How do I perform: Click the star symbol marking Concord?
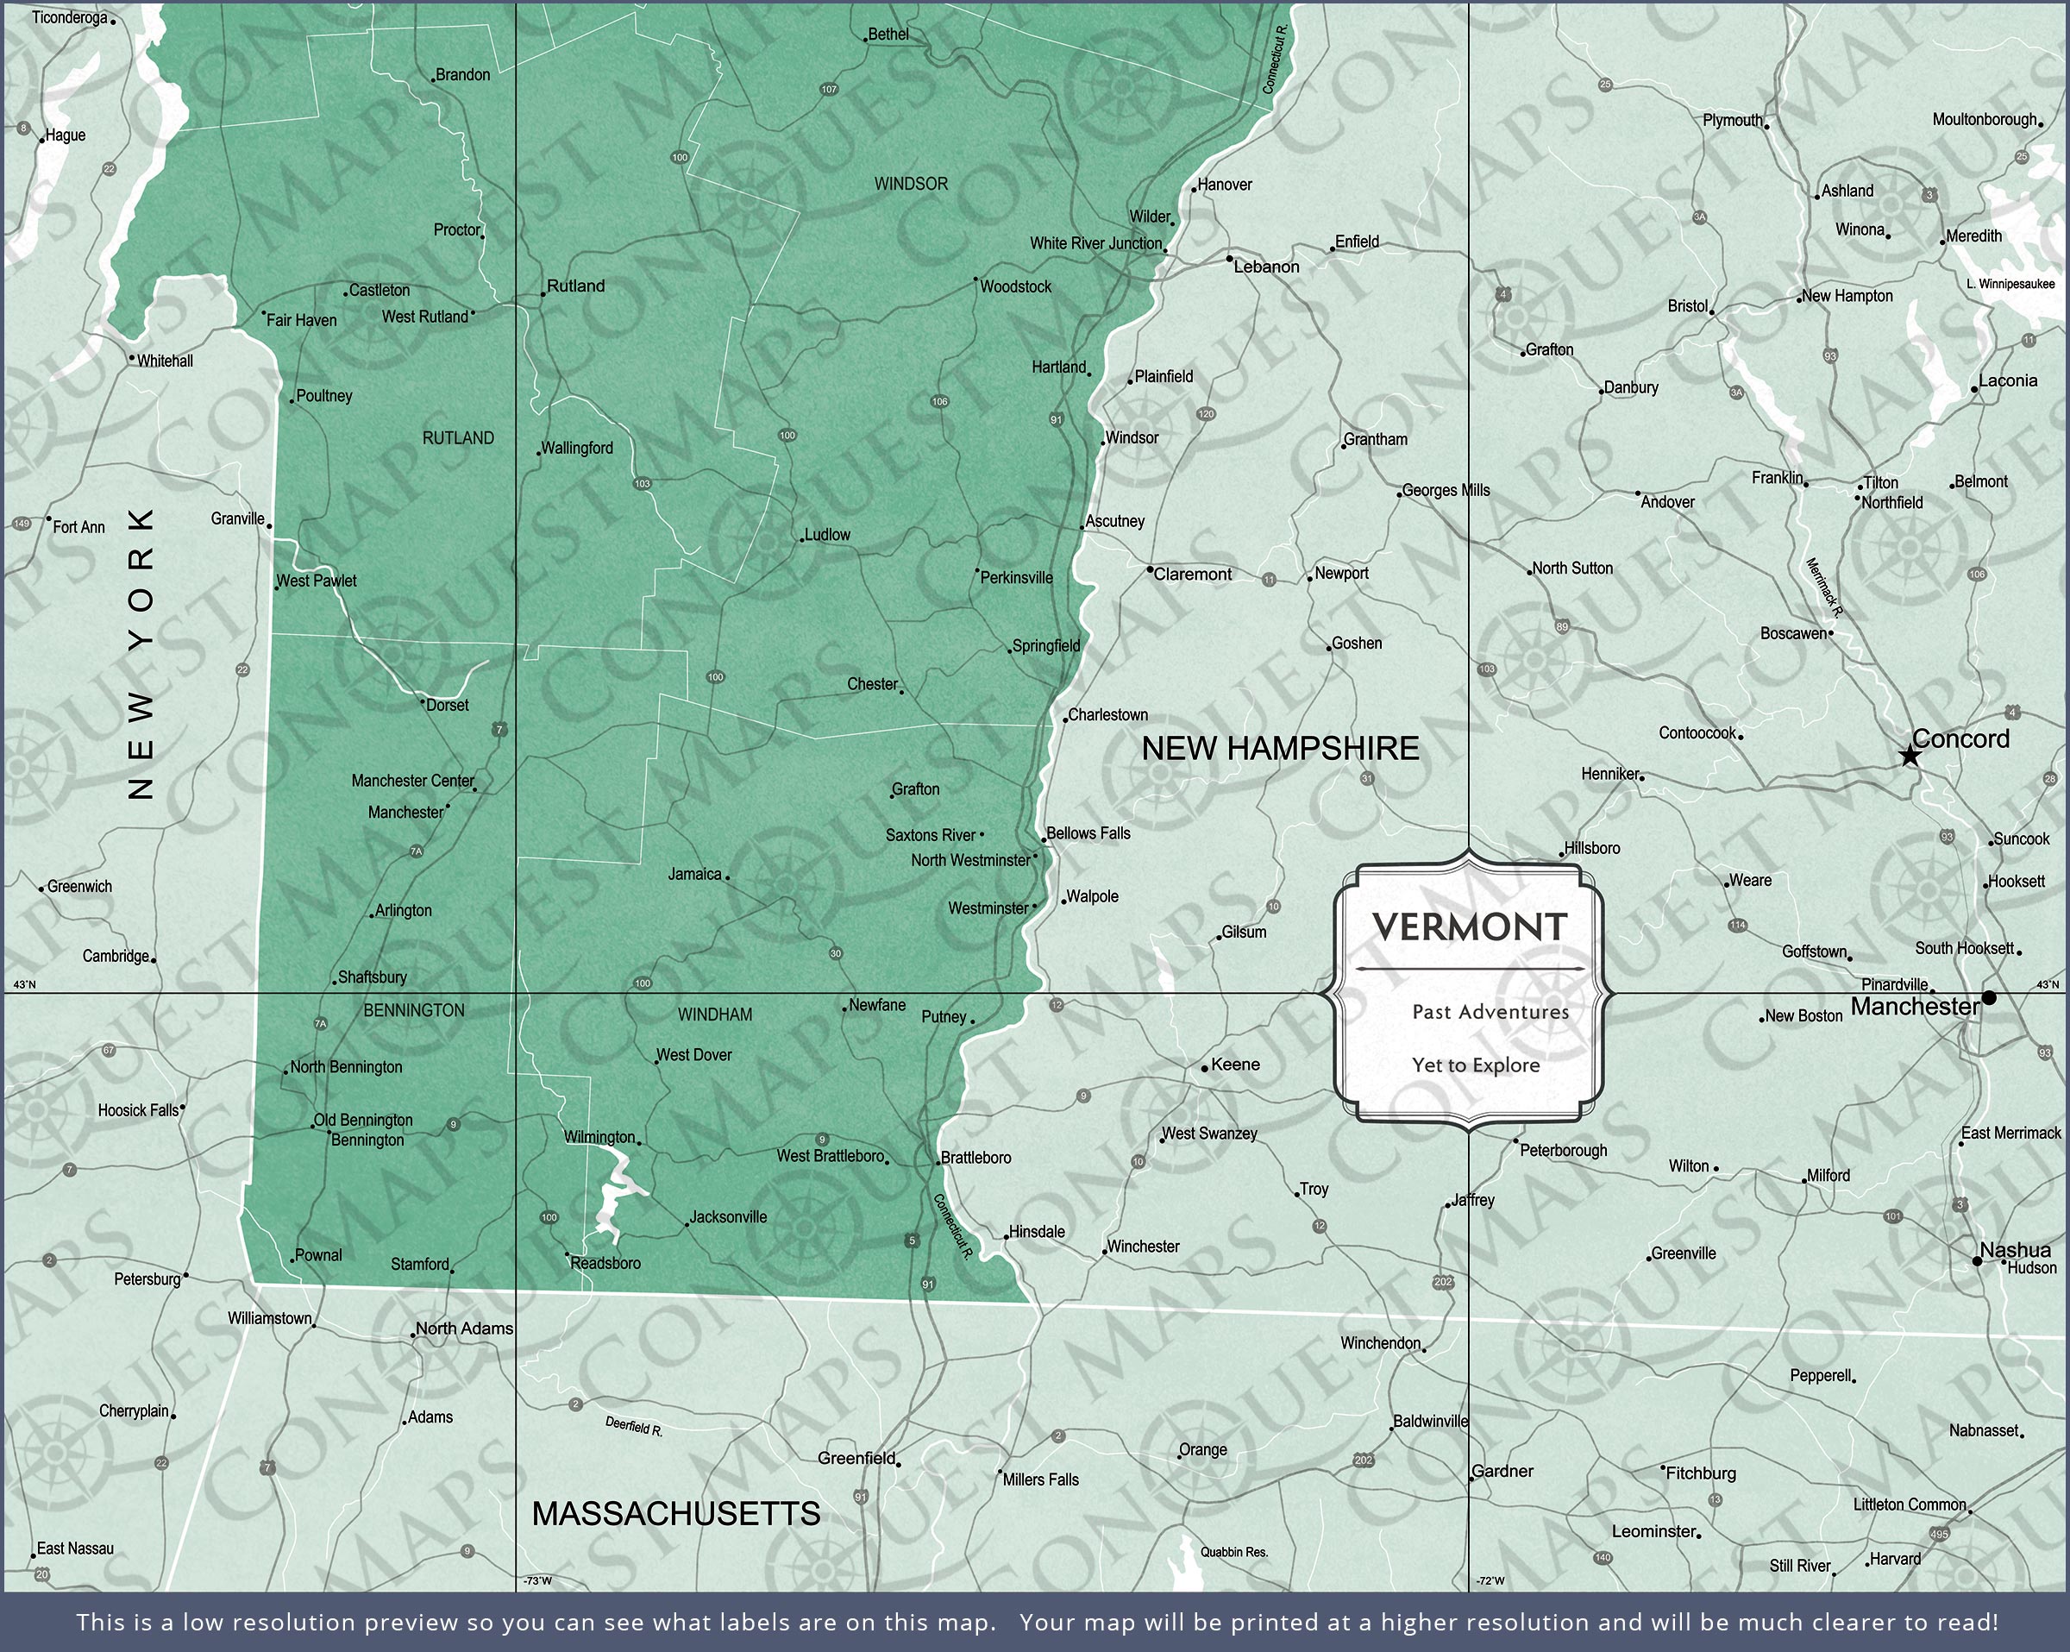pos(1910,757)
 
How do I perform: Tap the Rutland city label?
pos(575,286)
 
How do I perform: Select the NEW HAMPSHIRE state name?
pos(1280,748)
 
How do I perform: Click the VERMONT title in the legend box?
pos(1470,927)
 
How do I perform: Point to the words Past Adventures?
pos(1490,1011)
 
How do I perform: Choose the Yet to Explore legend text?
pos(1476,1065)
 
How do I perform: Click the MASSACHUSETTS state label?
pos(676,1514)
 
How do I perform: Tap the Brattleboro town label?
pos(975,1158)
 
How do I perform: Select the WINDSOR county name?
pos(910,184)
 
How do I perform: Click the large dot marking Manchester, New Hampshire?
pos(1989,998)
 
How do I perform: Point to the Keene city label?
pos(1235,1065)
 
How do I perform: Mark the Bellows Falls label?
pos(1088,832)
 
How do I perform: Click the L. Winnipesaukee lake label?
pos(2010,283)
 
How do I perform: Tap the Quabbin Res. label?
pos(1233,1551)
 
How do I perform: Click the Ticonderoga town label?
pos(69,17)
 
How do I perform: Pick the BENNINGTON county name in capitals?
pos(414,1010)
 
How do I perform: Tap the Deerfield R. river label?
pos(634,1427)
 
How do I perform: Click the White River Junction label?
pos(1095,243)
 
